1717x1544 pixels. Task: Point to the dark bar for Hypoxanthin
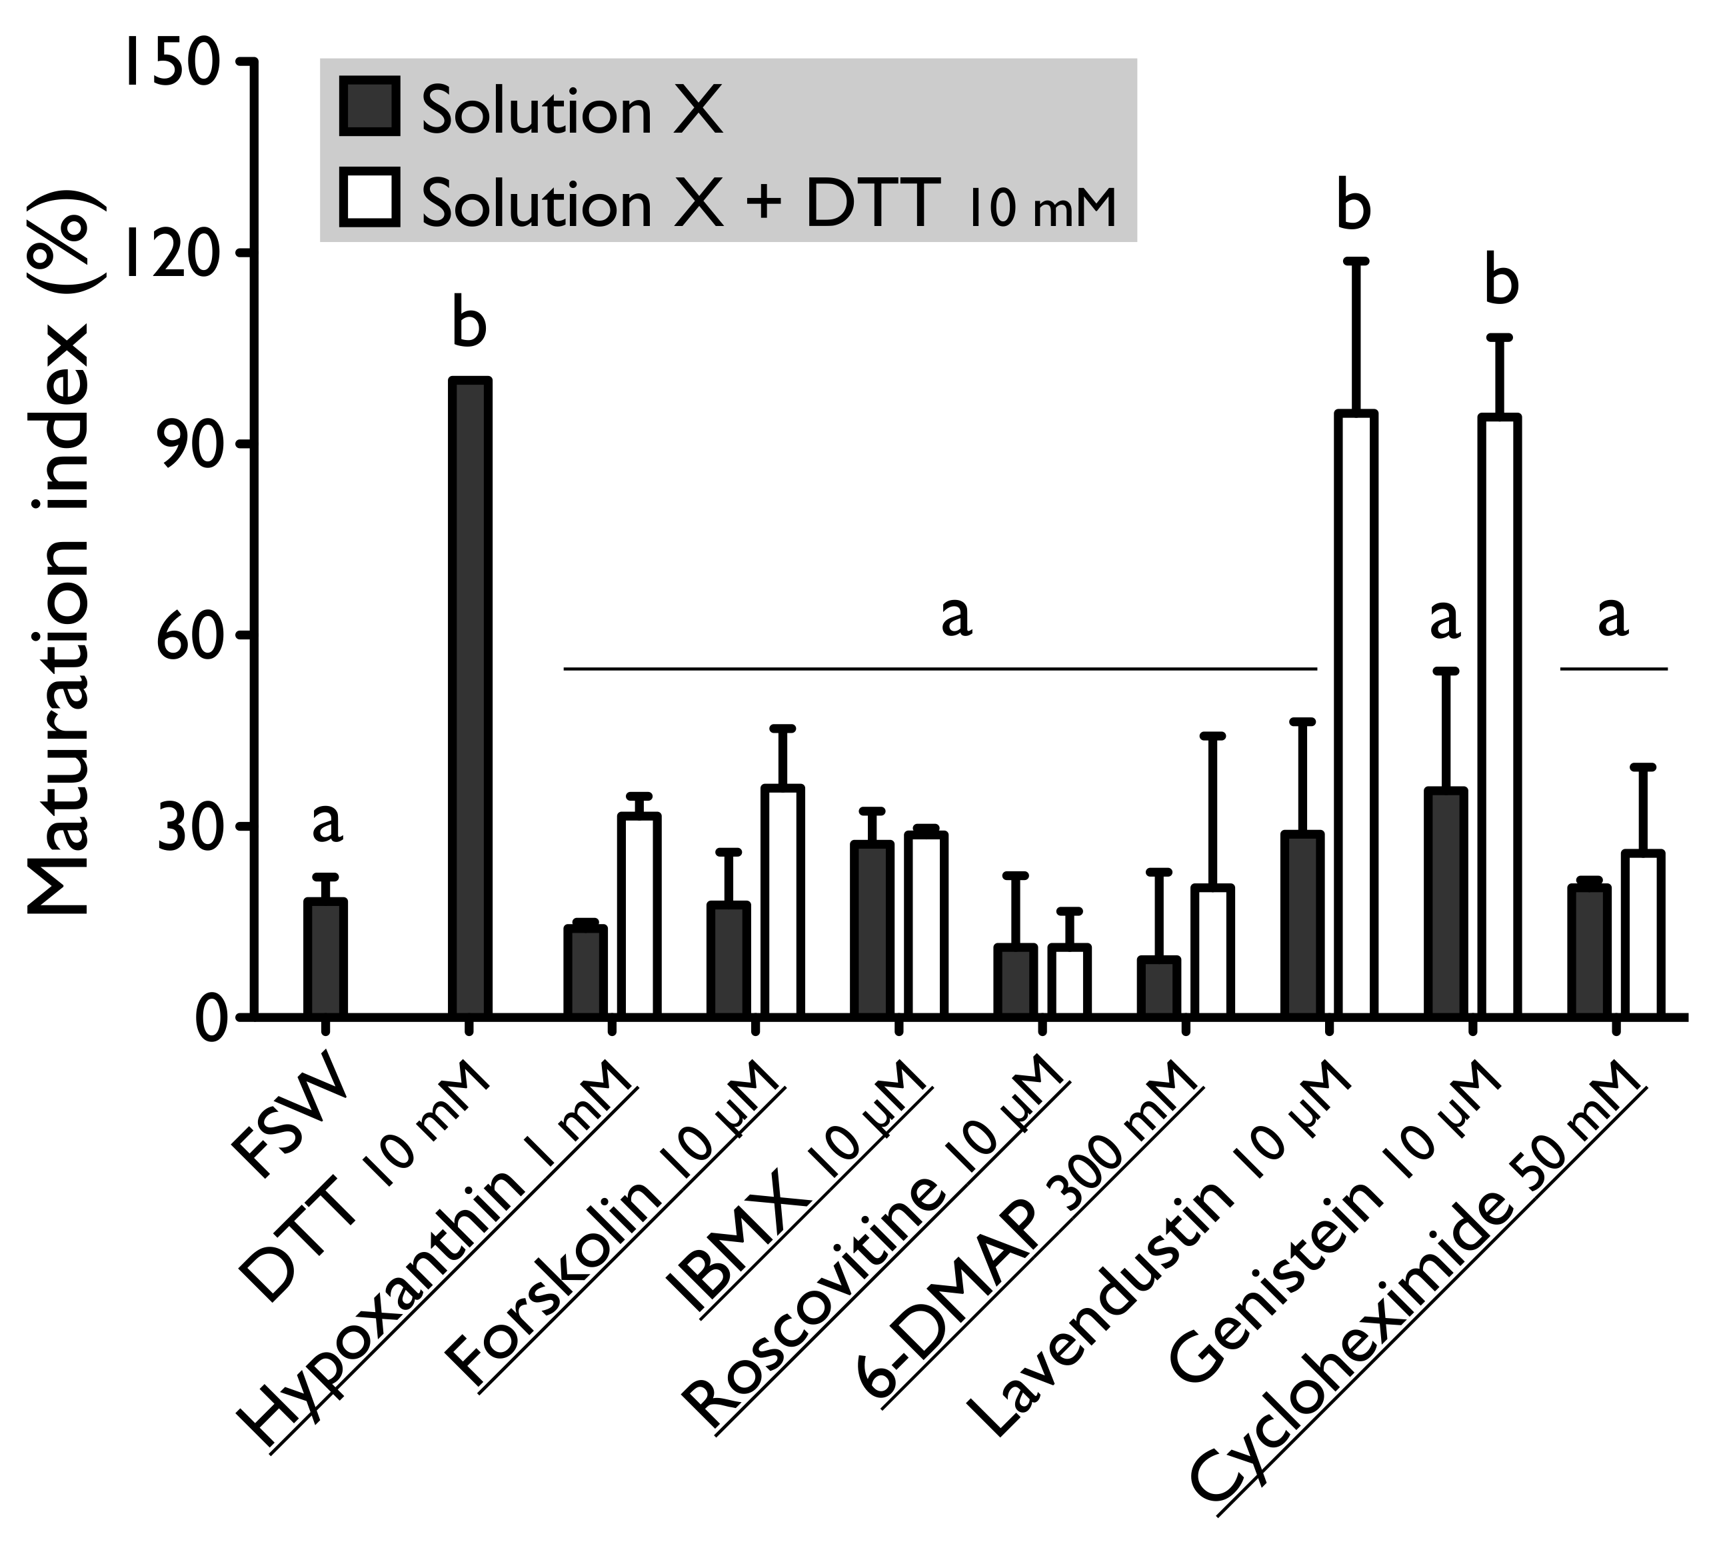[x=585, y=971]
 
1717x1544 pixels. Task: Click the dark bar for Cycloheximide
[x=1589, y=950]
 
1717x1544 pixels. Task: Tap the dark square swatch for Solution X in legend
[x=369, y=106]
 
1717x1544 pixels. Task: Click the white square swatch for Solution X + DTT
[x=369, y=197]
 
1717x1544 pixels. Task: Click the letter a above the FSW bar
[x=327, y=823]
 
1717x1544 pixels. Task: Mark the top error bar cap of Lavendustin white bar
[x=1356, y=261]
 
